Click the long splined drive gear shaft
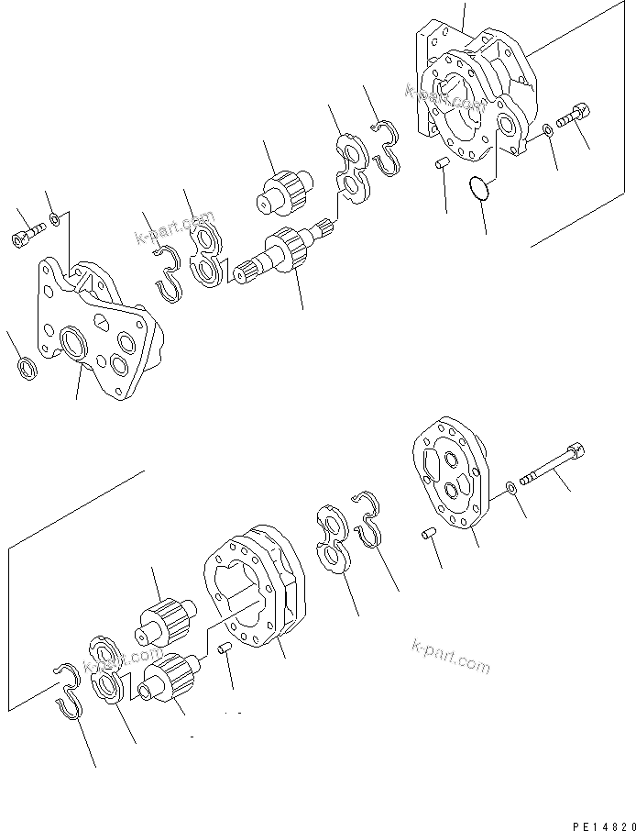coord(284,253)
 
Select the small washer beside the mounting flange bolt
coord(56,219)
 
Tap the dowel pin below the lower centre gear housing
coord(227,651)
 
